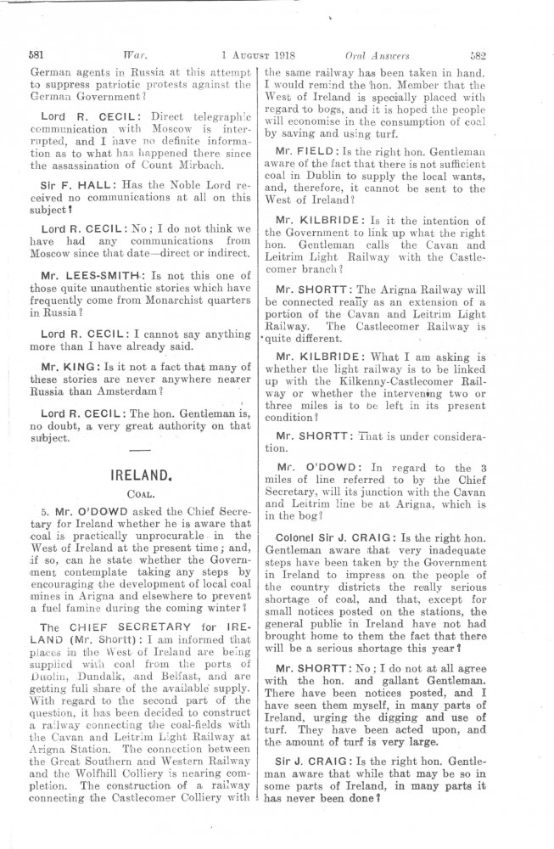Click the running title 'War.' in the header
(135, 55)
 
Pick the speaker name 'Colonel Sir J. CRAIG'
(334, 538)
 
